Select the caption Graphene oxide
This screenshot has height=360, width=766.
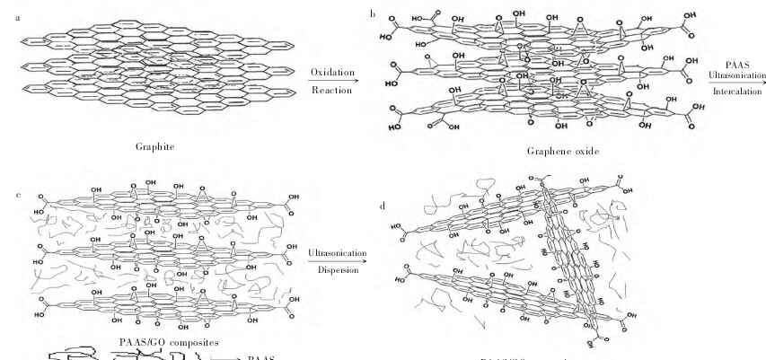pos(562,152)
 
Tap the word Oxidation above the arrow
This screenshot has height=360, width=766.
pos(332,72)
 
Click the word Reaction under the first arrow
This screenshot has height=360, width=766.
pos(331,92)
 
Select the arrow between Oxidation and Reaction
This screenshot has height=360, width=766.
pos(332,82)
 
